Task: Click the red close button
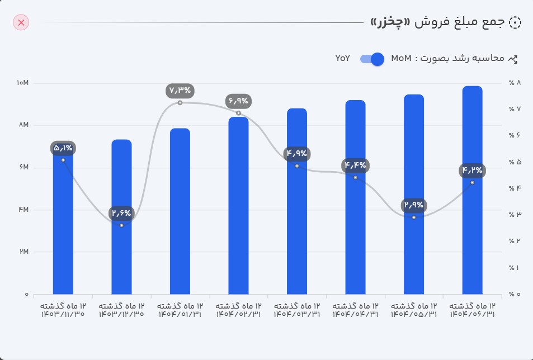[x=21, y=22]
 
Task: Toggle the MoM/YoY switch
[x=372, y=59]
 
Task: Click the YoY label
[x=343, y=58]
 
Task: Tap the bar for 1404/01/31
[x=180, y=212]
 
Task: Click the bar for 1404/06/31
[x=472, y=190]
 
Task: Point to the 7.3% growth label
[x=180, y=90]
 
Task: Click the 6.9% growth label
[x=239, y=101]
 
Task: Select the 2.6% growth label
[x=121, y=213]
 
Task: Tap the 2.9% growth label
[x=414, y=205]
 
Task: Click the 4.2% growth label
[x=472, y=170]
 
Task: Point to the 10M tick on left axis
[x=23, y=83]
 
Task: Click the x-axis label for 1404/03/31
[x=297, y=310]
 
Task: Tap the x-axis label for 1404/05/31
[x=414, y=310]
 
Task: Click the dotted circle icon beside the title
[x=515, y=22]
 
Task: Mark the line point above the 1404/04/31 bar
[x=355, y=177]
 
